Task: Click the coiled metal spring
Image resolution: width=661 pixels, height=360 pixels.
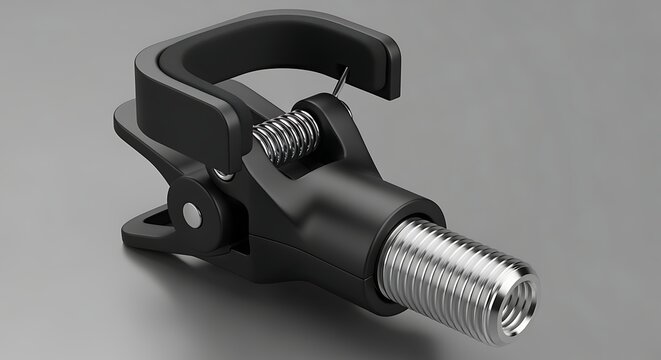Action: (282, 137)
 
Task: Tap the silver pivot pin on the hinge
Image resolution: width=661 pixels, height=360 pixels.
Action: (190, 213)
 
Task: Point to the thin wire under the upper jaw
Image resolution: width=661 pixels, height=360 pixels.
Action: (342, 80)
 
